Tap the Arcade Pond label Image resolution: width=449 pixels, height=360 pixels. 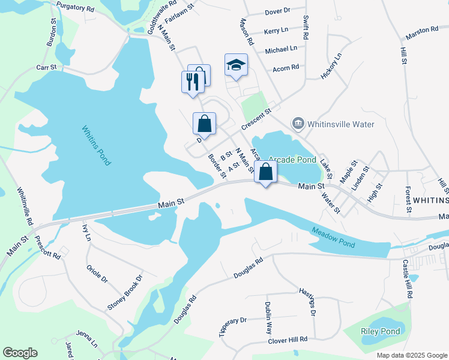point(292,160)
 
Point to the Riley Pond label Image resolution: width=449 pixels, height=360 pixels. point(380,331)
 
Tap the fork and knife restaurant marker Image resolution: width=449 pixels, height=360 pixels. point(192,82)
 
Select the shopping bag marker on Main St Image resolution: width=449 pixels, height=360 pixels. point(265,172)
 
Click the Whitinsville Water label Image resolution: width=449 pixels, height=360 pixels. point(340,124)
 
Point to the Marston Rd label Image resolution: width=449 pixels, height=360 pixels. point(422,29)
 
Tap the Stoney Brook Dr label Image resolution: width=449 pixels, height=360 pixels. point(125,293)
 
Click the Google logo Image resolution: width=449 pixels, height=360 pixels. point(20,353)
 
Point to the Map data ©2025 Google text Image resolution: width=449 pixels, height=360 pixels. point(411,355)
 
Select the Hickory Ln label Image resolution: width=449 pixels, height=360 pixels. point(331,66)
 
